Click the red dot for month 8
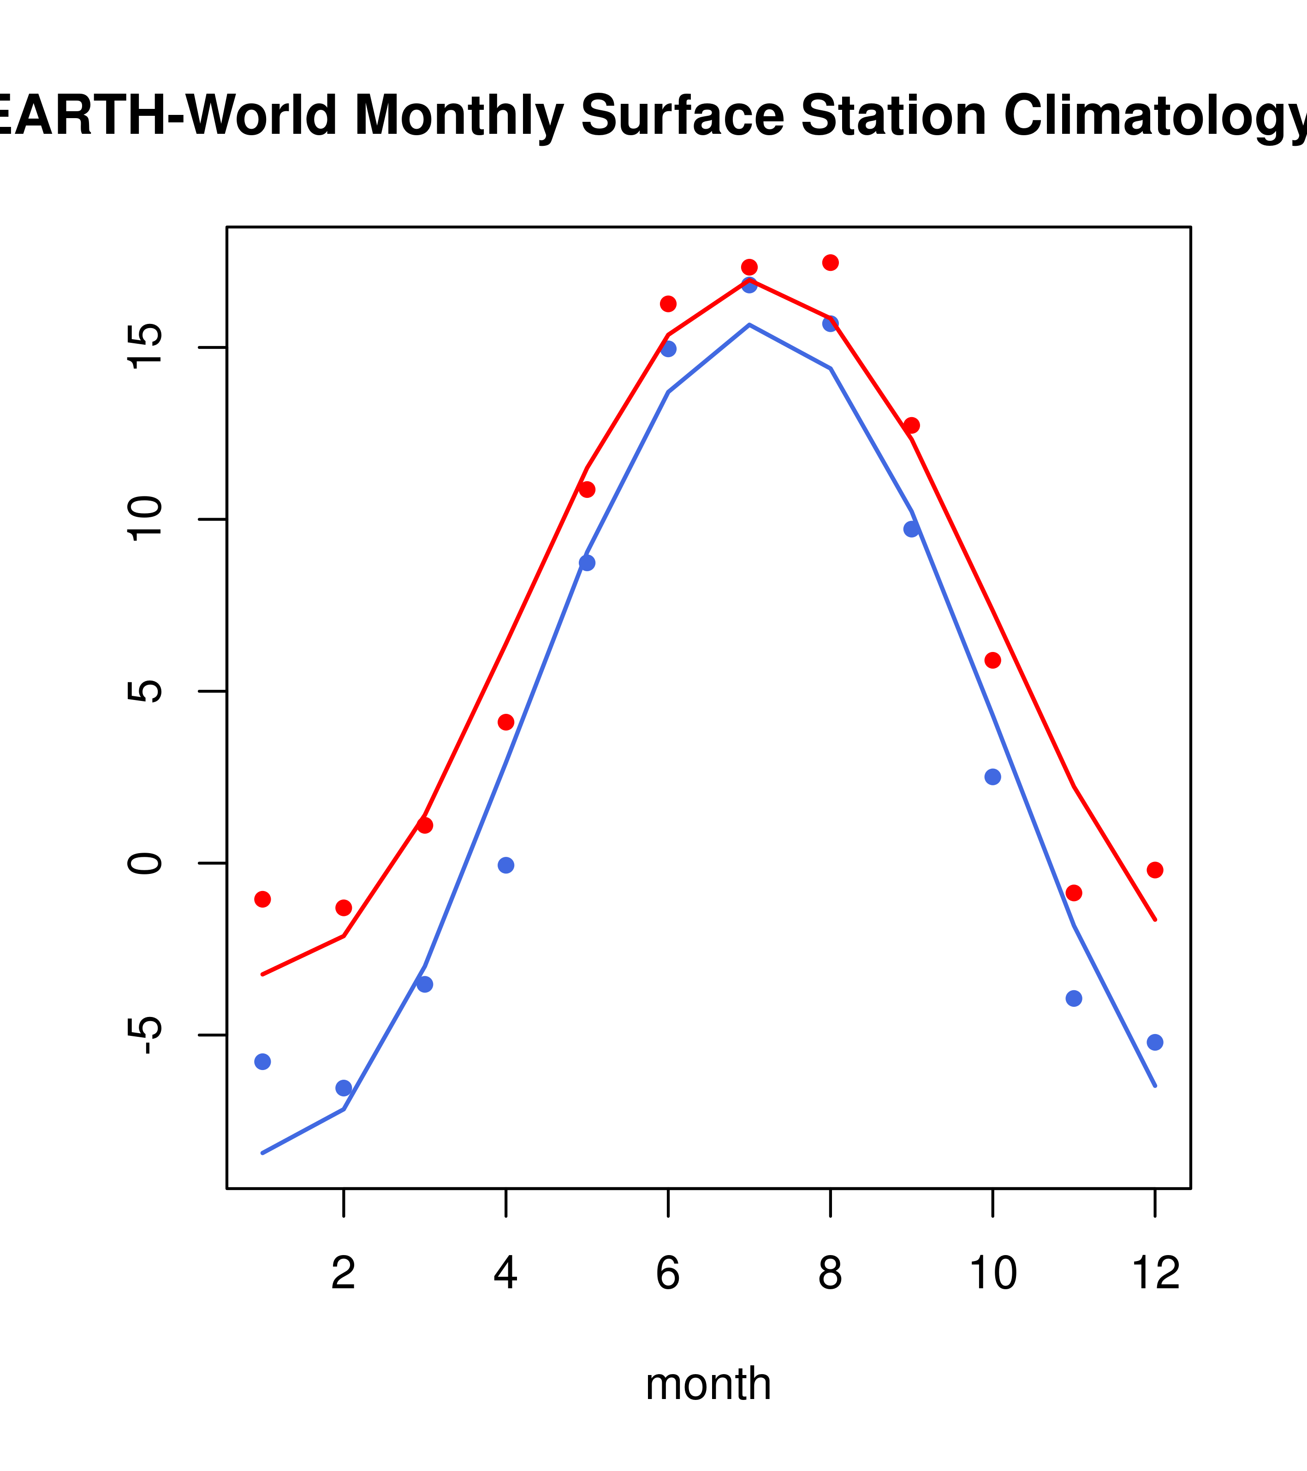(x=830, y=262)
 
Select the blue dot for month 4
(x=505, y=865)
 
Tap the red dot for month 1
(x=262, y=899)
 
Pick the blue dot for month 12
(x=1154, y=1042)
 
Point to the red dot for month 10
(x=992, y=660)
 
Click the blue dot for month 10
(x=992, y=777)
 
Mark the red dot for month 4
(x=505, y=722)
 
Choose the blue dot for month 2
(x=344, y=1088)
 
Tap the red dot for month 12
(x=1154, y=870)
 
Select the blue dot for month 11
(x=1073, y=998)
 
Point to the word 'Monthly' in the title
(x=459, y=115)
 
